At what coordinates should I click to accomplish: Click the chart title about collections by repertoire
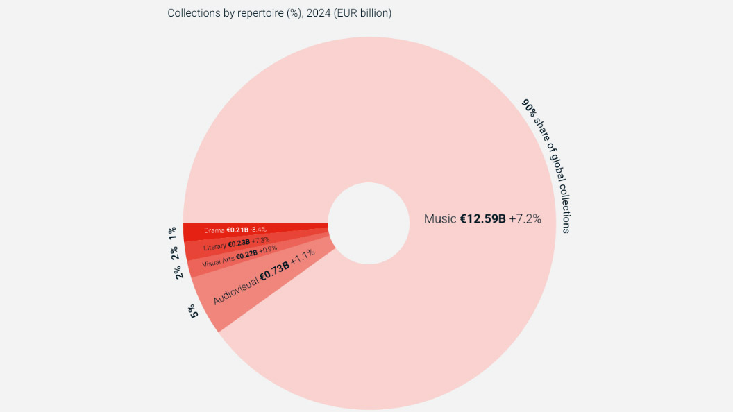coord(279,13)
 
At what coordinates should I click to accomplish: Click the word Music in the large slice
coord(440,219)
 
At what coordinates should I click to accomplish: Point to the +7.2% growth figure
coord(525,219)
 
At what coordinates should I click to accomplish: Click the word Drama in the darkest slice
coord(214,230)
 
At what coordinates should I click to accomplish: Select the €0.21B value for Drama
coord(237,230)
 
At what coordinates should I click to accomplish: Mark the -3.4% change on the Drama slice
coord(258,230)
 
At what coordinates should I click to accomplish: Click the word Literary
coord(214,247)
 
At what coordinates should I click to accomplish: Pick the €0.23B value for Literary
coord(238,243)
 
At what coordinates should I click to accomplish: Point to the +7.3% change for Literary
coord(260,240)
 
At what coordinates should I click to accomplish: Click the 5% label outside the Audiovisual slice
coord(193,311)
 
